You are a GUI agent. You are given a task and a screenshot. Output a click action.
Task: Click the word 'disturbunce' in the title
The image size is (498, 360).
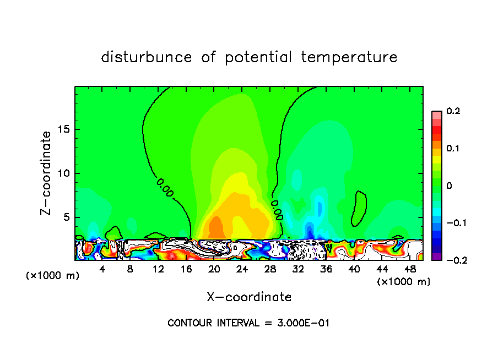pos(147,57)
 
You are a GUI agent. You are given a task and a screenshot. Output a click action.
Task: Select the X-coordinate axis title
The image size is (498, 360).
pos(249,297)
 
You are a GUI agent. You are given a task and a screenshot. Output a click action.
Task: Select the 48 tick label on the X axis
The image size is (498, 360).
pos(410,269)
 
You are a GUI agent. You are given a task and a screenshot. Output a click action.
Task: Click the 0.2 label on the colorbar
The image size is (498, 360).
pos(453,111)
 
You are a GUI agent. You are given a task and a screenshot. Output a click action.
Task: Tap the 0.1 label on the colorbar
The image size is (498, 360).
pos(453,149)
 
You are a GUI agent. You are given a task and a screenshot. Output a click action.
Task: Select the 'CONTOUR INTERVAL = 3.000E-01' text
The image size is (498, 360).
pos(248,323)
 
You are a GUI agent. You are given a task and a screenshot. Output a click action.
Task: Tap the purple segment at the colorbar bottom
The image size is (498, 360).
pos(436,257)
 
